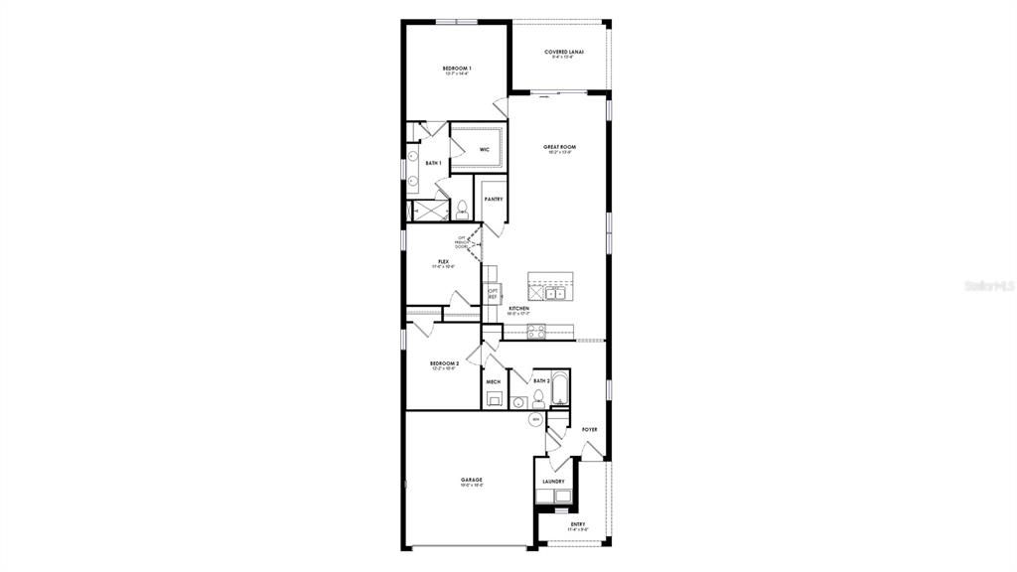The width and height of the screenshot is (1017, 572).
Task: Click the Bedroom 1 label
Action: (x=457, y=68)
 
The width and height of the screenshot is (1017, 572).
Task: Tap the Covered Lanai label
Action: (x=564, y=52)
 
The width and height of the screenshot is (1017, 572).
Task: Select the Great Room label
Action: (x=560, y=147)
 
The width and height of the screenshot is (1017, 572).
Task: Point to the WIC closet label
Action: (x=485, y=149)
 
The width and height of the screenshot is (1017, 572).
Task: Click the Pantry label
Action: (x=494, y=199)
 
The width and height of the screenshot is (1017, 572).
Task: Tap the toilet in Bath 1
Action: (x=463, y=210)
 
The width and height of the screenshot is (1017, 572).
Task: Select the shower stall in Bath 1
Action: (x=431, y=211)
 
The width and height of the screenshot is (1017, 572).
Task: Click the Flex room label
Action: (x=443, y=262)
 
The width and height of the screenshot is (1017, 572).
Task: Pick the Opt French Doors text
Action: (x=463, y=241)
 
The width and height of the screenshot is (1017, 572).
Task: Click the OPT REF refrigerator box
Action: (x=492, y=294)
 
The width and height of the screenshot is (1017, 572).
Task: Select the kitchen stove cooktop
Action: (x=536, y=331)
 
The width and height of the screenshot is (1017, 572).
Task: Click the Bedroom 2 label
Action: (x=444, y=364)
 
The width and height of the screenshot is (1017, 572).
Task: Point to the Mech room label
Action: (x=493, y=381)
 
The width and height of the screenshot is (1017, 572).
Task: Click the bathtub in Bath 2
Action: (x=560, y=390)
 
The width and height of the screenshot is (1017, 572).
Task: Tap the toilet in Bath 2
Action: (x=538, y=399)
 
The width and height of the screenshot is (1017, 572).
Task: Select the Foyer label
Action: (x=589, y=429)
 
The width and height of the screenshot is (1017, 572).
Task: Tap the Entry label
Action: (x=578, y=525)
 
